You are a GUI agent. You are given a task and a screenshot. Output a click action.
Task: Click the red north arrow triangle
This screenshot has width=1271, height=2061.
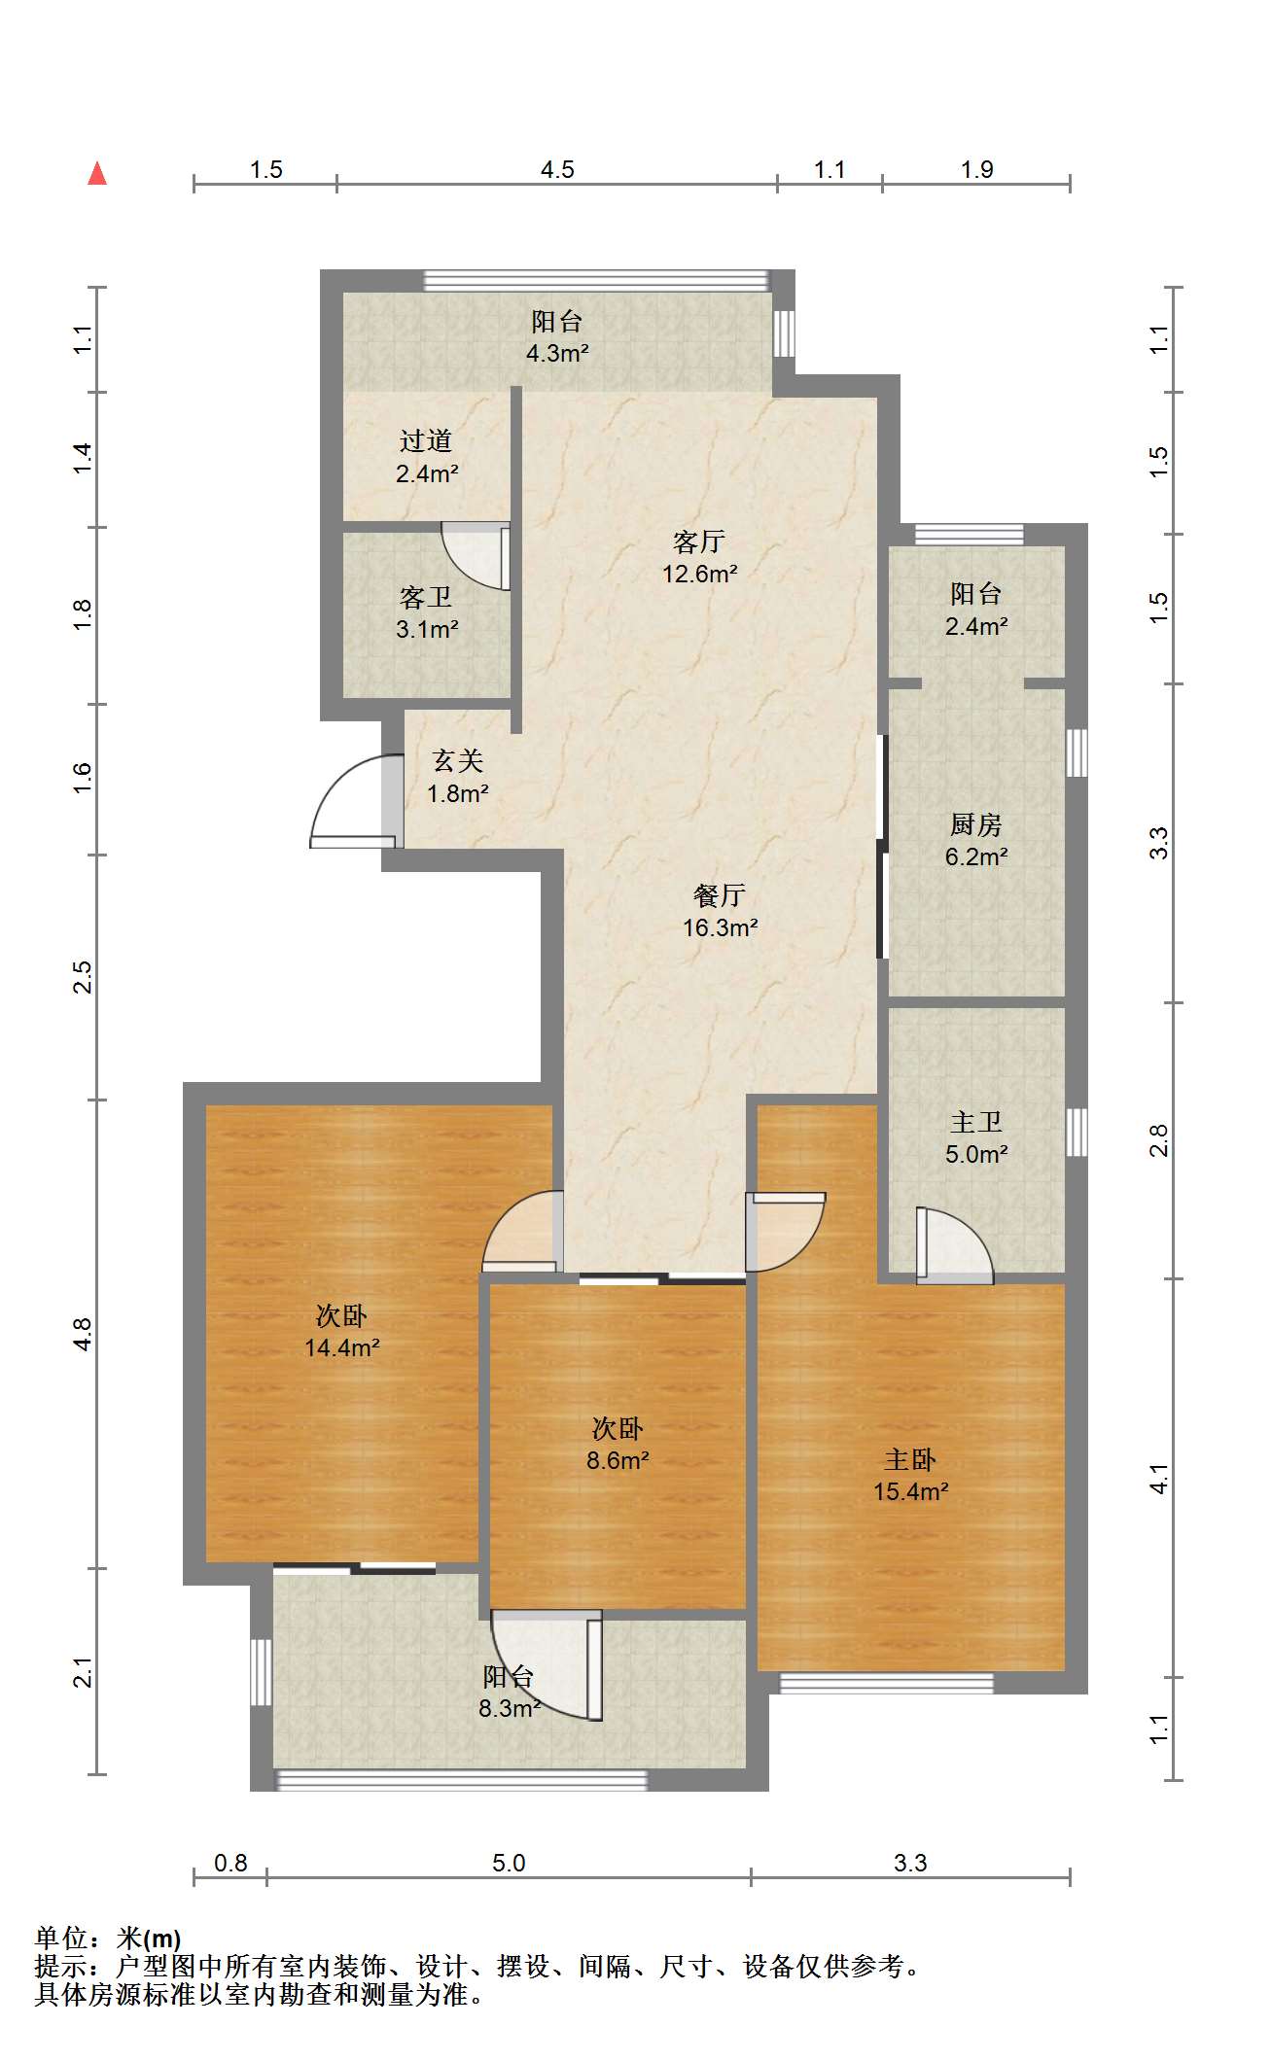click(x=97, y=173)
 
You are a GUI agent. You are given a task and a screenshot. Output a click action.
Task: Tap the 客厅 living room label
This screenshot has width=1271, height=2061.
click(x=699, y=541)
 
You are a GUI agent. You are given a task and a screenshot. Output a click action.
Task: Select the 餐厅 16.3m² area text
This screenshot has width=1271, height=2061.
click(x=720, y=911)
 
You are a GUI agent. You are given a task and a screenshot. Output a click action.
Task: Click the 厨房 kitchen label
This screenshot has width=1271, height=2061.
click(x=975, y=824)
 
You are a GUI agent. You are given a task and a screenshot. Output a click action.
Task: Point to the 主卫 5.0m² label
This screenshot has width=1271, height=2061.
click(x=976, y=1137)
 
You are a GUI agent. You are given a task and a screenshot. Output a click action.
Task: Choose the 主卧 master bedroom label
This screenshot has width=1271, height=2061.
click(x=910, y=1459)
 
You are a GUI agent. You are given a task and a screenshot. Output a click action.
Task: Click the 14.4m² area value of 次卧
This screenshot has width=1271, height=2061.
click(x=342, y=1347)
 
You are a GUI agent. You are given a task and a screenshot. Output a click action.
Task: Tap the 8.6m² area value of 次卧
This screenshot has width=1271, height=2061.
click(x=618, y=1460)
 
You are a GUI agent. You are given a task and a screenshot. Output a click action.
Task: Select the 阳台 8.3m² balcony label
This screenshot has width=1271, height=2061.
click(x=509, y=1693)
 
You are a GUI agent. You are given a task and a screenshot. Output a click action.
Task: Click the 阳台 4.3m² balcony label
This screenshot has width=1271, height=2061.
click(x=557, y=337)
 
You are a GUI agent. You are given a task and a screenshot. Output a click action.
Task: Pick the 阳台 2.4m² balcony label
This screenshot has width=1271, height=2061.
click(x=976, y=610)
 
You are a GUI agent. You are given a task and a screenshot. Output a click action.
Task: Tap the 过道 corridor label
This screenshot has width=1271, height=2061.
click(x=426, y=440)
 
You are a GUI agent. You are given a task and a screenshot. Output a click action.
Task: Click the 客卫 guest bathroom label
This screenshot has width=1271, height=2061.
click(x=426, y=596)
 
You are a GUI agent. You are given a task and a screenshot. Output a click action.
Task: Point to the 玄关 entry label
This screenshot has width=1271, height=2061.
click(x=458, y=760)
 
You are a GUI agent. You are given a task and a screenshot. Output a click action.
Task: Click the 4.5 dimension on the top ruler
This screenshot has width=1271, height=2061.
click(x=557, y=170)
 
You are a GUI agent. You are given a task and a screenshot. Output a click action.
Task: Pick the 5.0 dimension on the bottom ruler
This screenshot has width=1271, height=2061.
click(x=509, y=1864)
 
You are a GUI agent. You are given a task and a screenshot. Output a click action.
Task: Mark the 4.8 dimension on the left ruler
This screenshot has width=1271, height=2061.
click(x=84, y=1334)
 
